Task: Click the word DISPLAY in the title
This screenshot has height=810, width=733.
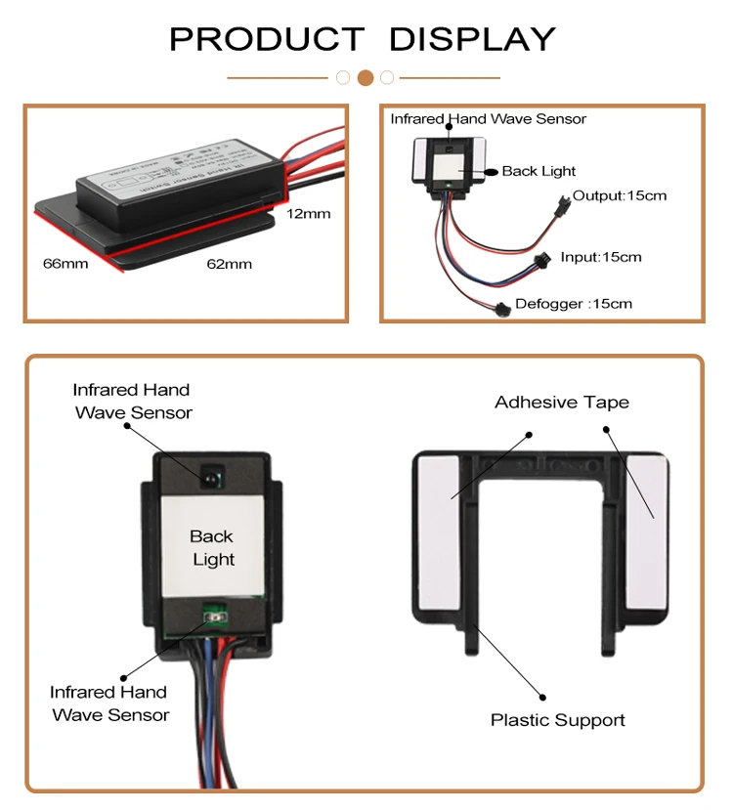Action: click(x=472, y=39)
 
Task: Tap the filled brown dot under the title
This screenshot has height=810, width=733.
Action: click(x=366, y=77)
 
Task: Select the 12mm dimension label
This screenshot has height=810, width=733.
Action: click(x=309, y=213)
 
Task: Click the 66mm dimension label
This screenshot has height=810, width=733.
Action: click(x=65, y=263)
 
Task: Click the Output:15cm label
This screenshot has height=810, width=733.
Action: click(x=620, y=195)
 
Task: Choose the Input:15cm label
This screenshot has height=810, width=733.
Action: click(x=601, y=257)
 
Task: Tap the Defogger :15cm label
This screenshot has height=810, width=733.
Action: click(x=574, y=304)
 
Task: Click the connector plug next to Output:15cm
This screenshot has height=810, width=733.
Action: click(x=562, y=209)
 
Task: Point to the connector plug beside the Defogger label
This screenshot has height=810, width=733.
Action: click(x=502, y=309)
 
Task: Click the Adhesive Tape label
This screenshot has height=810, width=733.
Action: click(x=562, y=403)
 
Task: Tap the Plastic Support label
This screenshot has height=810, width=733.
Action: click(x=558, y=720)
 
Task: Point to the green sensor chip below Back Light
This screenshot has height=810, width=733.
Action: click(x=212, y=617)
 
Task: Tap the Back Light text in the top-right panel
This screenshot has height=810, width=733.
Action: click(x=539, y=171)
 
